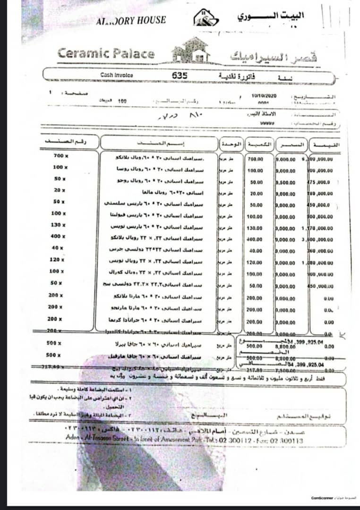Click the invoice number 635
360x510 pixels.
point(180,75)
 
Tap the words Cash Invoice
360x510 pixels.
point(117,75)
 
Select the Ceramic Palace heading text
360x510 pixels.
point(106,53)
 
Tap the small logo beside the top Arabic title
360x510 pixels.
point(206,18)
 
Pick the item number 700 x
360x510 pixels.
point(61,155)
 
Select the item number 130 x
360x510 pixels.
point(61,225)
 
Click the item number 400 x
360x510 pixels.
point(61,236)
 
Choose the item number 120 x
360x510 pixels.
point(61,260)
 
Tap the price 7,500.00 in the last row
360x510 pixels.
point(286,371)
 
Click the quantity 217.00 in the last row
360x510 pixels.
point(255,371)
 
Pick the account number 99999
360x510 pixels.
point(267,123)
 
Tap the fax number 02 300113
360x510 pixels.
point(287,441)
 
